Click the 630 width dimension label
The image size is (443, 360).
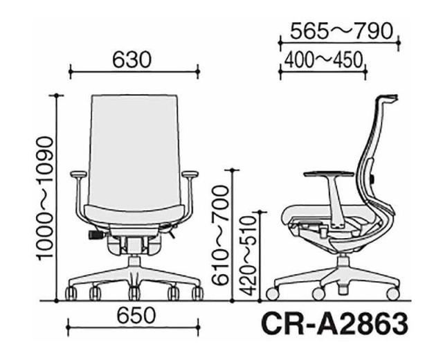(x=132, y=60)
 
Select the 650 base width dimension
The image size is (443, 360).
(x=136, y=315)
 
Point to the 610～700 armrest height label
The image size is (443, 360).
(x=220, y=235)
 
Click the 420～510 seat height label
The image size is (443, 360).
(x=248, y=256)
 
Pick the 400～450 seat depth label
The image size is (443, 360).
(x=323, y=60)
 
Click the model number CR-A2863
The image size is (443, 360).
(x=334, y=323)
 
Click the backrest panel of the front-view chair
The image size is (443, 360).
(x=135, y=150)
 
